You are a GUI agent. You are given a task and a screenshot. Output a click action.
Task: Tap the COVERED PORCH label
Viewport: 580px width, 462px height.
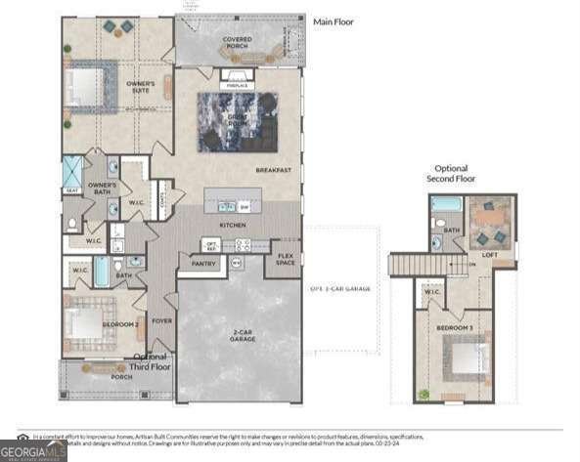237,43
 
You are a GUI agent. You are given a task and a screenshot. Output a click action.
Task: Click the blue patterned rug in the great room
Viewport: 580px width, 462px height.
237,122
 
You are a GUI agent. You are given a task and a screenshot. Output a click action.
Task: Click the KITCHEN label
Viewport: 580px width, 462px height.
232,226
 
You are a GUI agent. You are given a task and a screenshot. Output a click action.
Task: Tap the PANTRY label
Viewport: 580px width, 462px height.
203,263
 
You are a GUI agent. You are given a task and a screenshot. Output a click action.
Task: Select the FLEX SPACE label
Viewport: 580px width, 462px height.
285,260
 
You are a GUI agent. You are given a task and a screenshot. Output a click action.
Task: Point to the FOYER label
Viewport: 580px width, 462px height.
161,318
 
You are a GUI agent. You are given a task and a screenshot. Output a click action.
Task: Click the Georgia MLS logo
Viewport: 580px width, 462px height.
34,449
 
